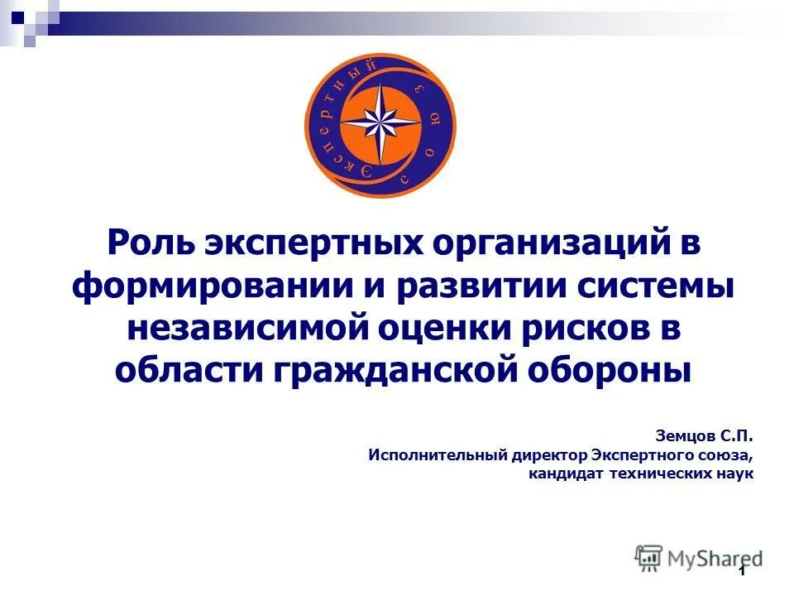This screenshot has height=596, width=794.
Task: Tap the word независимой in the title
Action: (246, 328)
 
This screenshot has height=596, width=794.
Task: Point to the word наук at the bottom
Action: (734, 474)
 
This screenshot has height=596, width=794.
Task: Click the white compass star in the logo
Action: (380, 125)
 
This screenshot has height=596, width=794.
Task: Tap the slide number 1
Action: (742, 572)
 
